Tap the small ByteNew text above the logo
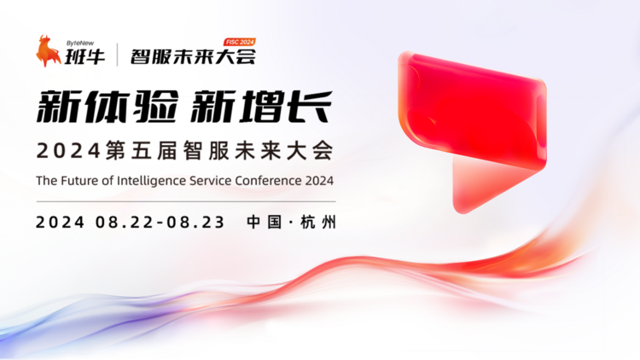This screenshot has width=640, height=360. (x=80, y=44)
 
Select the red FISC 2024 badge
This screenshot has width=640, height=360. (x=240, y=42)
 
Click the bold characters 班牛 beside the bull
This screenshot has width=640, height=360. (x=84, y=56)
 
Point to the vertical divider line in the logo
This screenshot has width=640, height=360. (x=118, y=55)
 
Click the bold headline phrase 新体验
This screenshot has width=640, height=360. (x=108, y=107)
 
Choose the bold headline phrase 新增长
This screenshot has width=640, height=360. (x=261, y=107)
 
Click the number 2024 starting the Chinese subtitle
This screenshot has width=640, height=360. (x=68, y=151)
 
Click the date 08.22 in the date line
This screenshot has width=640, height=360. (x=125, y=223)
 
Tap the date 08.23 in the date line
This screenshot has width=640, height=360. (x=195, y=223)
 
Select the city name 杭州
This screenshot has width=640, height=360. (x=318, y=223)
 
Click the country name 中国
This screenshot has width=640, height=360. (x=265, y=223)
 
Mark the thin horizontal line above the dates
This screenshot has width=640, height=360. (x=186, y=201)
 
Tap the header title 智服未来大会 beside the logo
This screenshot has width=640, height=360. (x=193, y=57)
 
